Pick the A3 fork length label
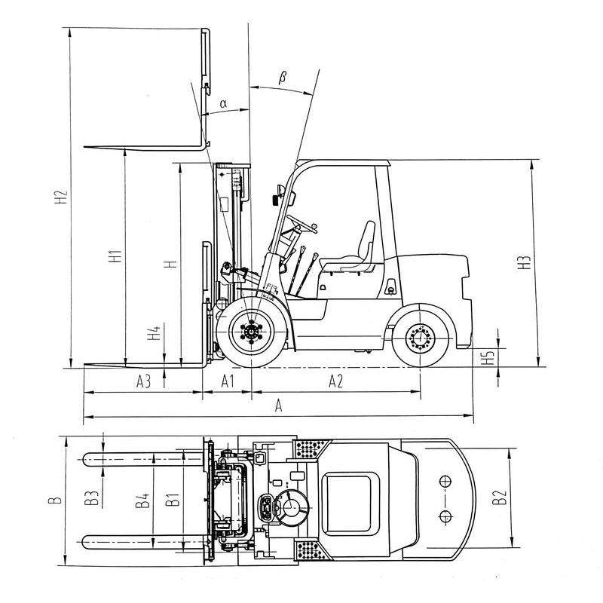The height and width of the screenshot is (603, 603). pos(143,382)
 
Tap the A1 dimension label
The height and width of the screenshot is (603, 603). pos(228,382)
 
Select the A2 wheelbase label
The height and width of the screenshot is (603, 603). pos(336,382)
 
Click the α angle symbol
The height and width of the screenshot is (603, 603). pos(223,103)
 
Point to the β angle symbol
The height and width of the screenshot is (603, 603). pos(283,76)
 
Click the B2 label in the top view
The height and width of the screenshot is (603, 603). pos(498,497)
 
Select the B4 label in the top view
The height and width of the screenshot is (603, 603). pos(141,498)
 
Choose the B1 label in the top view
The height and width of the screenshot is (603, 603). pos(172,498)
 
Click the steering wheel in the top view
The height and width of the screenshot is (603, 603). pos(291,504)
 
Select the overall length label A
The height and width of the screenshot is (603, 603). pos(279,406)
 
